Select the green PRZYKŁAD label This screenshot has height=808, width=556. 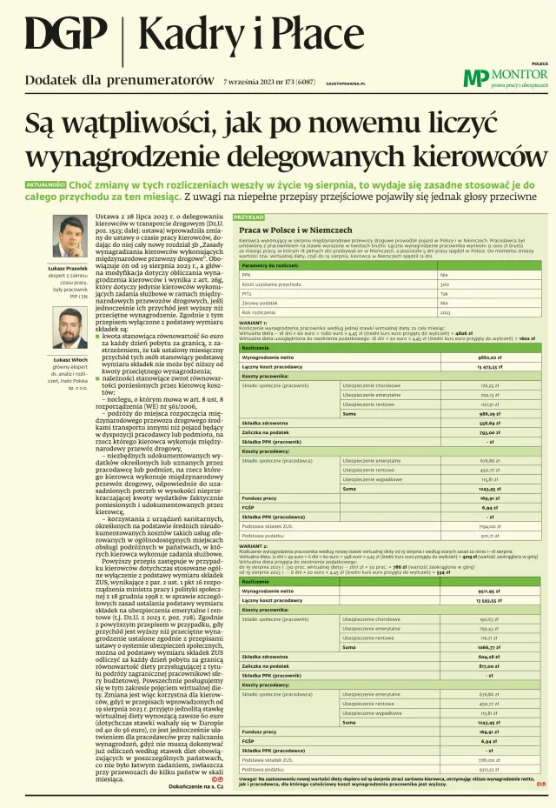pos(249,217)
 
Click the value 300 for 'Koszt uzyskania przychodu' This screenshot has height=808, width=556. pos(444,284)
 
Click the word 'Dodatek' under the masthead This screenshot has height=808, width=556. pos(51,80)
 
